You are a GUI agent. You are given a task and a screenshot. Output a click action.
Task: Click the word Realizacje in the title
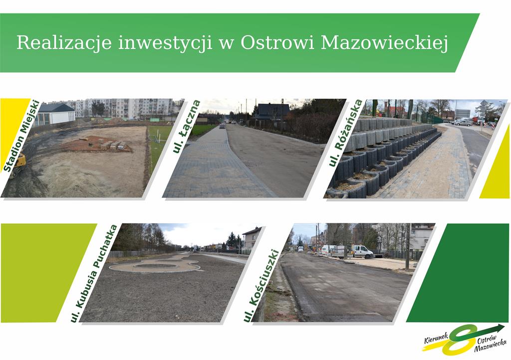click(64, 43)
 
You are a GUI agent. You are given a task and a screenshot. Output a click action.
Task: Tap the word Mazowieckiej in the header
click(385, 43)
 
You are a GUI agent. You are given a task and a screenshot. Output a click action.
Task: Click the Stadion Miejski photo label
click(21, 136)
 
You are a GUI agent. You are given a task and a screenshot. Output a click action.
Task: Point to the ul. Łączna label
click(187, 126)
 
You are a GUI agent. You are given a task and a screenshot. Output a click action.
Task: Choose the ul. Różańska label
click(345, 133)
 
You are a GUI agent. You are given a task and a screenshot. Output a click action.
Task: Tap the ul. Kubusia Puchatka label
click(94, 273)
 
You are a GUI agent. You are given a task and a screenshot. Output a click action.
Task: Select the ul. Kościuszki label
click(261, 286)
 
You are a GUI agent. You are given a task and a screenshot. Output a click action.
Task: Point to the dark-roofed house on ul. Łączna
click(272, 112)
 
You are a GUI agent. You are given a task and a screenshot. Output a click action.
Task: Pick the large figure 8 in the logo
click(459, 340)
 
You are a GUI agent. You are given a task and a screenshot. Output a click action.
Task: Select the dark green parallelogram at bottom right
click(458, 273)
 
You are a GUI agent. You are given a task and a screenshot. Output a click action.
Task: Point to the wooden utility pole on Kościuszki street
click(407, 246)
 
